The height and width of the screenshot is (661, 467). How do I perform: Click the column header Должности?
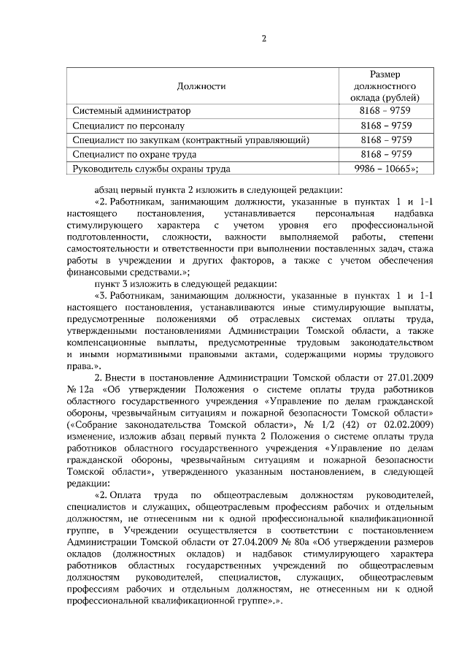(201, 86)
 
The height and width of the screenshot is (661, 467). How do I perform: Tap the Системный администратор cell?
(131, 111)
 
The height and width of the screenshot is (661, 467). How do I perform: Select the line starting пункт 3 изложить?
(185, 283)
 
